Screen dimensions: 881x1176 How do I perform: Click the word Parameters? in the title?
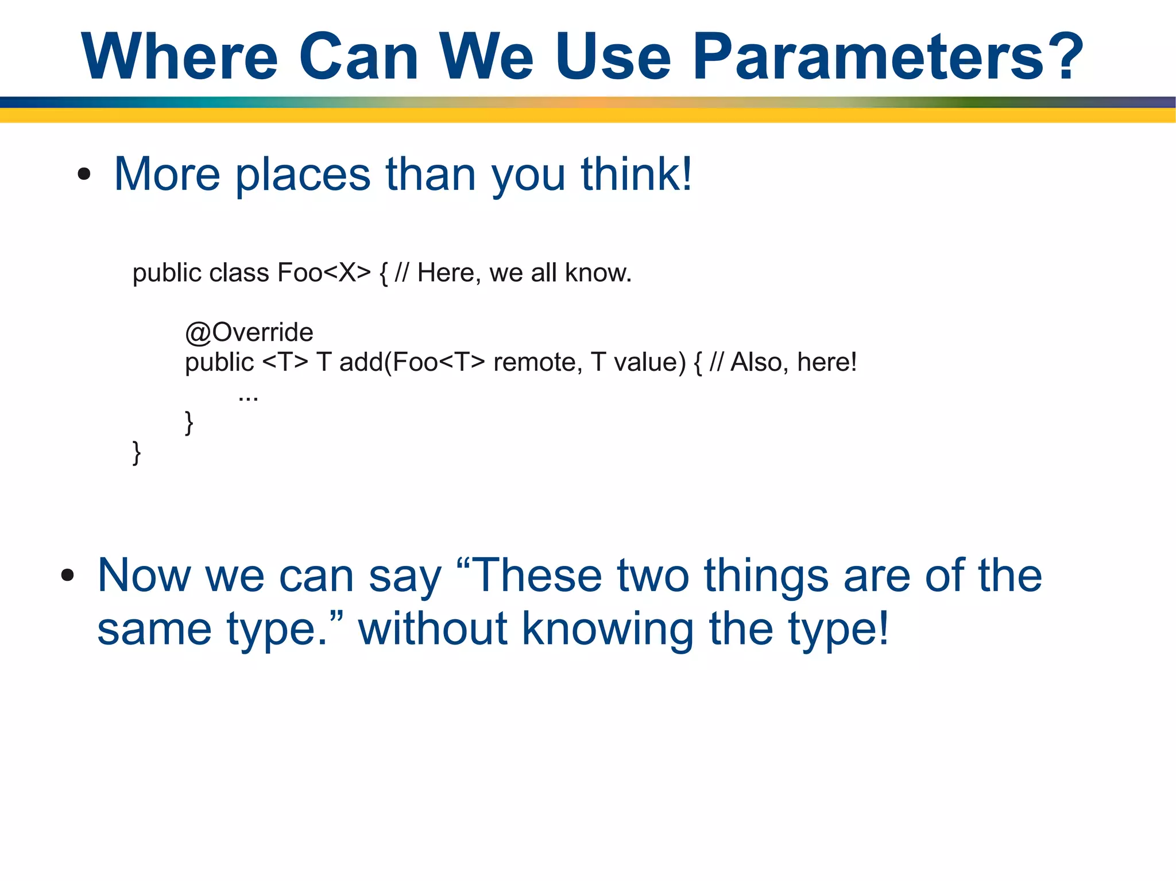(x=888, y=56)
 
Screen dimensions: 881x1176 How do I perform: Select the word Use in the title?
(x=613, y=56)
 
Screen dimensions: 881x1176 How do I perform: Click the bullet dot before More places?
(x=84, y=174)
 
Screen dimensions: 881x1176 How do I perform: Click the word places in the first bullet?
(x=303, y=174)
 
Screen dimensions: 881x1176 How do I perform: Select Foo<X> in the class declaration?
(x=324, y=273)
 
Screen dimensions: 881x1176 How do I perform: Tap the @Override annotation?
(x=249, y=332)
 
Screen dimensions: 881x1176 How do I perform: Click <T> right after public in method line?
(x=285, y=362)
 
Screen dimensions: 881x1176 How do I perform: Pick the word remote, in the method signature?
(x=537, y=362)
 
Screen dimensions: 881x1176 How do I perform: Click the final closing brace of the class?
(x=137, y=452)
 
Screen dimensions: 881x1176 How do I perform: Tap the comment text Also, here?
(x=793, y=362)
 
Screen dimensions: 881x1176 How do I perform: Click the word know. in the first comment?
(x=598, y=273)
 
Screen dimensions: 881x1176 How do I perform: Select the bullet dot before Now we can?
(x=68, y=575)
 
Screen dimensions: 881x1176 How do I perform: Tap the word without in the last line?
(x=433, y=628)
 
